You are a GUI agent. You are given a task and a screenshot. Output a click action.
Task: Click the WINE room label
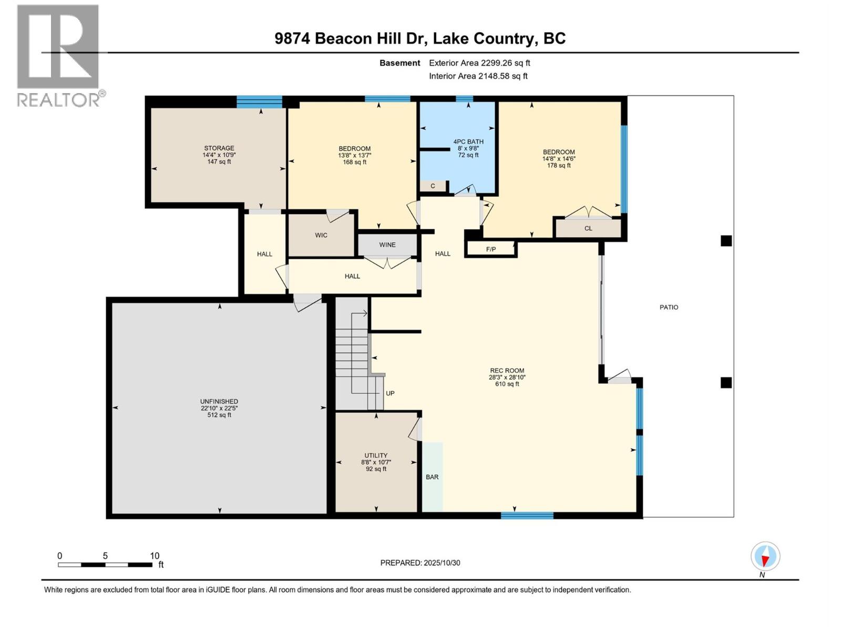[387, 245]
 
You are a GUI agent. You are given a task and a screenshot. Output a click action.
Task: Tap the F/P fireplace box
[491, 249]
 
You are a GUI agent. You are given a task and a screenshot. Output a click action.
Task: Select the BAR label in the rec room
[432, 477]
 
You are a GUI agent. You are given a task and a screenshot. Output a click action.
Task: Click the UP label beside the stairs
[390, 393]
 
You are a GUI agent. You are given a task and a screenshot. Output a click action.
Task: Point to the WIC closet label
[321, 235]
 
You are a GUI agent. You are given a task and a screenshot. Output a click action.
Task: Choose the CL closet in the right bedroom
[588, 228]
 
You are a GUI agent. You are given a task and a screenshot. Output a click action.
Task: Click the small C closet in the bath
[433, 186]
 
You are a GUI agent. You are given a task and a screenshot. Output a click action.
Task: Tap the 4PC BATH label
[468, 141]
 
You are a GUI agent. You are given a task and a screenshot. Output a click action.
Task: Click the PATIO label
[669, 307]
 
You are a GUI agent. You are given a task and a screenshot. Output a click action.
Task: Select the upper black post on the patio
[726, 241]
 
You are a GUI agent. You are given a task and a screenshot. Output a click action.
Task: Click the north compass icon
[765, 556]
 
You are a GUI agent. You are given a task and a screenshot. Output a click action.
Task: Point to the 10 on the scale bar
[155, 556]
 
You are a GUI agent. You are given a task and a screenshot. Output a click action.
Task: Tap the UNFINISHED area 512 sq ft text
[219, 415]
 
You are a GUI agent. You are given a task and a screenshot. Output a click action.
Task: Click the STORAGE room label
[219, 148]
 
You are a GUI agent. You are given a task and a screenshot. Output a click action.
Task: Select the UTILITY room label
[376, 455]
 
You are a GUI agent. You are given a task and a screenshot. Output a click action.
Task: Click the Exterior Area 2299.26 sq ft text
[479, 63]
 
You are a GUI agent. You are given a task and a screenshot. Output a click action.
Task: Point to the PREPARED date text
[420, 563]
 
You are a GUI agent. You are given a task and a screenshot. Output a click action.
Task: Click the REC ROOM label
[507, 370]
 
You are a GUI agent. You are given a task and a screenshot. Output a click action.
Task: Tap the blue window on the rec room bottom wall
[527, 515]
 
